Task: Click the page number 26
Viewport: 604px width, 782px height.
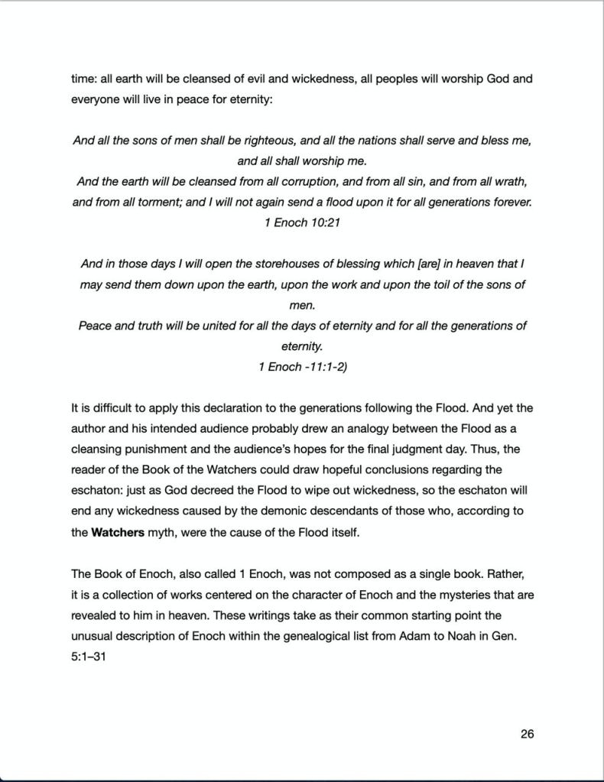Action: click(527, 734)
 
